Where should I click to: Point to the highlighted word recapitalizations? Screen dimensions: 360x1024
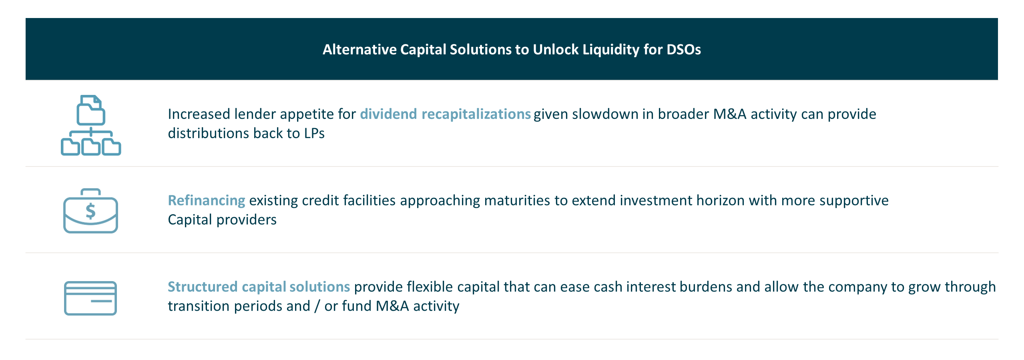click(476, 114)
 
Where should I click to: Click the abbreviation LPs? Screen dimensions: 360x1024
click(314, 133)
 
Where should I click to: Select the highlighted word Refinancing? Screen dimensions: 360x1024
click(206, 200)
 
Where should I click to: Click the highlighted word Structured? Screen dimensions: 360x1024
click(203, 287)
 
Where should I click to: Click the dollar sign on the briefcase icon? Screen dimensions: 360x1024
click(91, 211)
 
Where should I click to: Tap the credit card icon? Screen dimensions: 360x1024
click(90, 298)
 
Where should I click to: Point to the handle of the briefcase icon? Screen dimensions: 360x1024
click(90, 192)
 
